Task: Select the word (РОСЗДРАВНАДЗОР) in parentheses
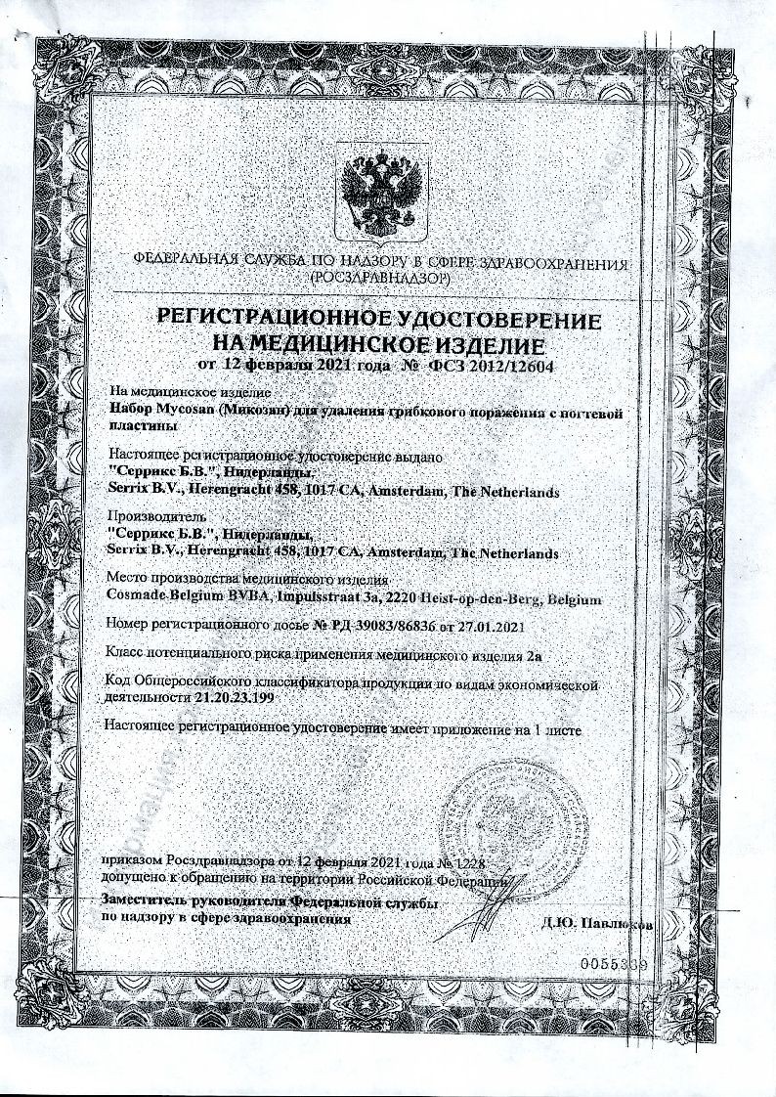point(379,279)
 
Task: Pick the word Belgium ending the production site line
point(574,597)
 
